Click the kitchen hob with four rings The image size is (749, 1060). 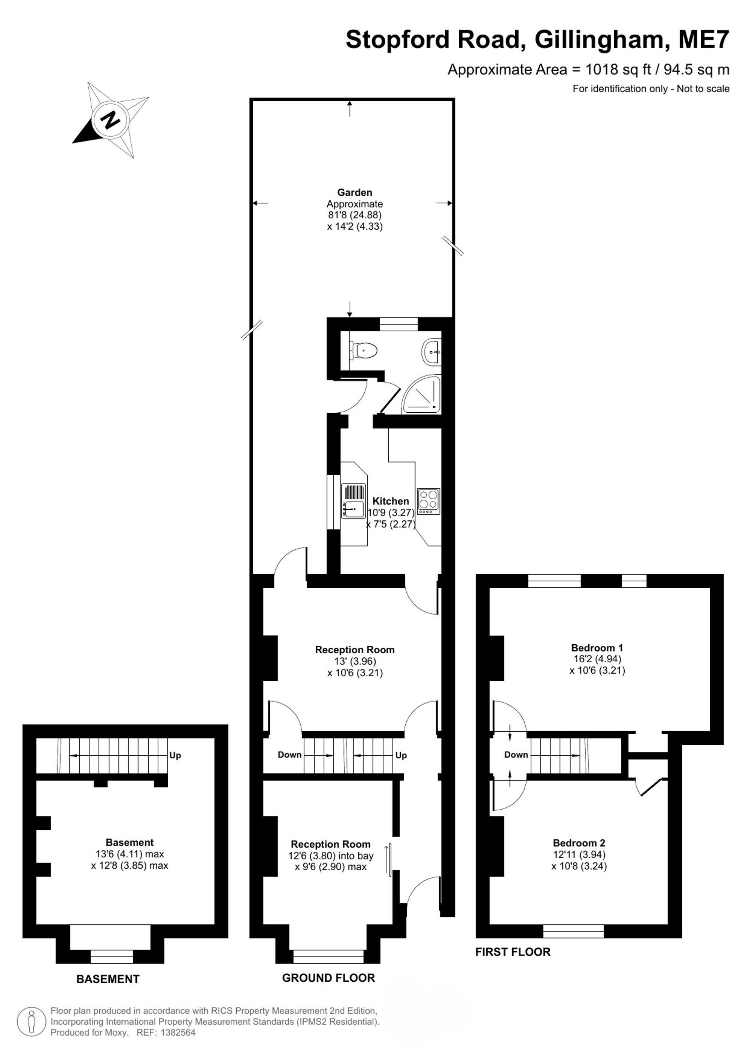coord(429,502)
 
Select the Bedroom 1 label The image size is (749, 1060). coord(597,648)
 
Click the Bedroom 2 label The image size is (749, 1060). coord(579,843)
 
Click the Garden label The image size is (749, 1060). coord(354,193)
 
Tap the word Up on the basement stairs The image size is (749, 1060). coord(175,756)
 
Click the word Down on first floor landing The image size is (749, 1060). coord(516,755)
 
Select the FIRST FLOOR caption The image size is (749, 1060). coord(513,952)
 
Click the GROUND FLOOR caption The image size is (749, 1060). coord(328,978)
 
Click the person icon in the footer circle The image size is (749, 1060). coord(31,1022)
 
